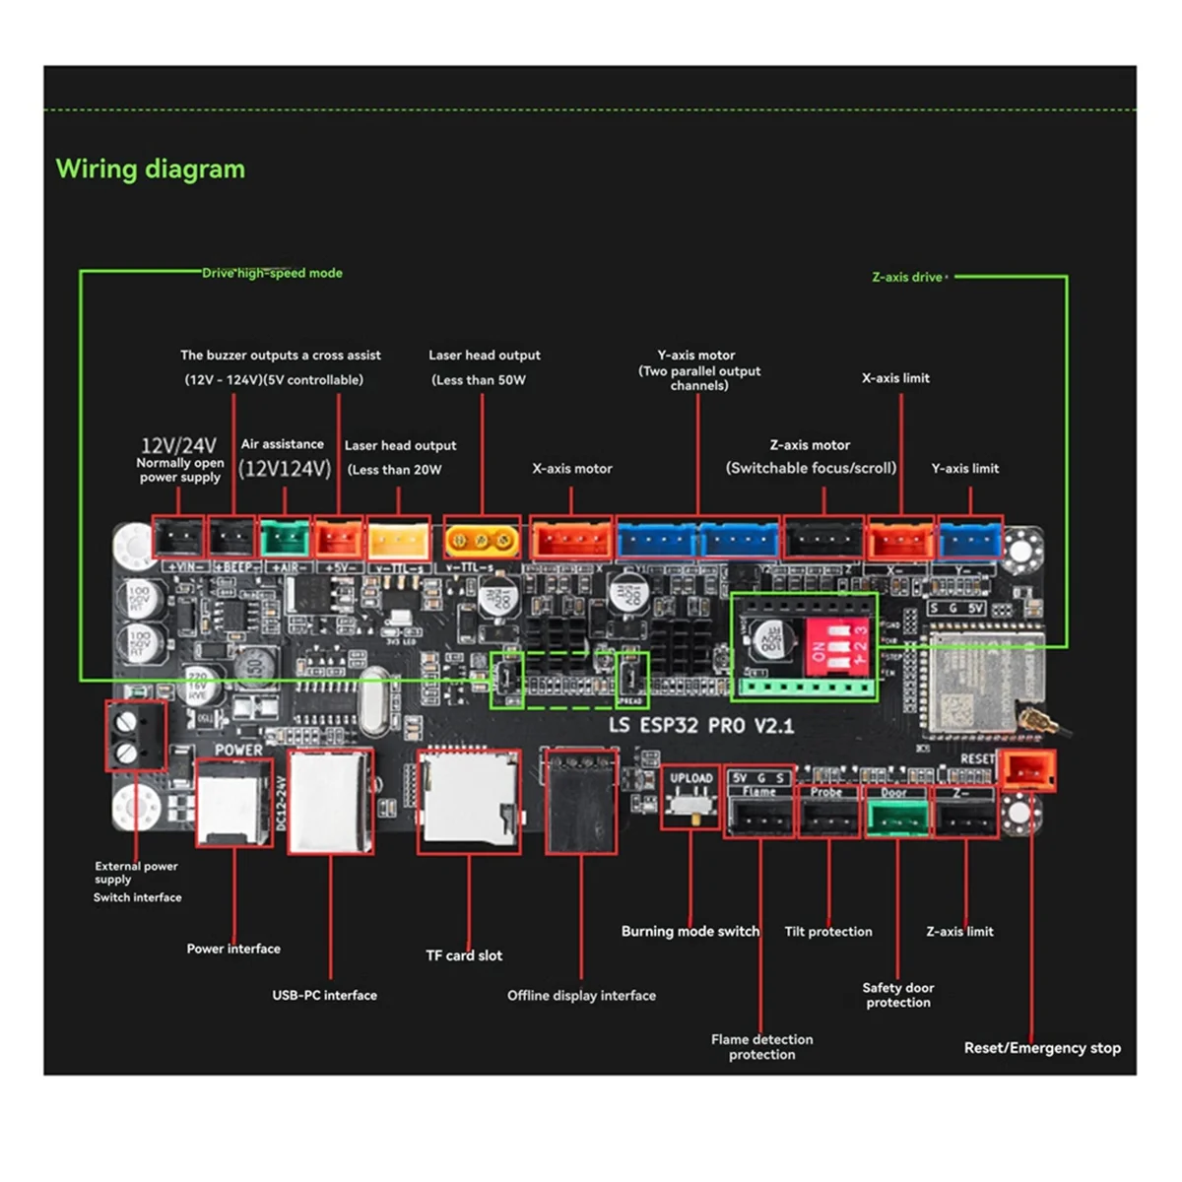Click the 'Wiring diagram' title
tap(150, 169)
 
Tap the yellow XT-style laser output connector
tap(482, 540)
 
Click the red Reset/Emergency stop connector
tap(1027, 770)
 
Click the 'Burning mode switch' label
tap(689, 931)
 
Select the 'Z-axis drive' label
tap(906, 277)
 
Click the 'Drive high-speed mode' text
tap(272, 273)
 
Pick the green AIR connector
tap(285, 538)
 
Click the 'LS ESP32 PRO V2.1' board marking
tap(701, 726)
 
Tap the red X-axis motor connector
tap(571, 540)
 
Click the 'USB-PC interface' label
tap(324, 995)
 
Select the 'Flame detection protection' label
tap(761, 1046)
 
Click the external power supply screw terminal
tap(135, 736)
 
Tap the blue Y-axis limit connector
tap(969, 540)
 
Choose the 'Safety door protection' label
tap(897, 995)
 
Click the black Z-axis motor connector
tap(823, 540)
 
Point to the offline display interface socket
tap(581, 801)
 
